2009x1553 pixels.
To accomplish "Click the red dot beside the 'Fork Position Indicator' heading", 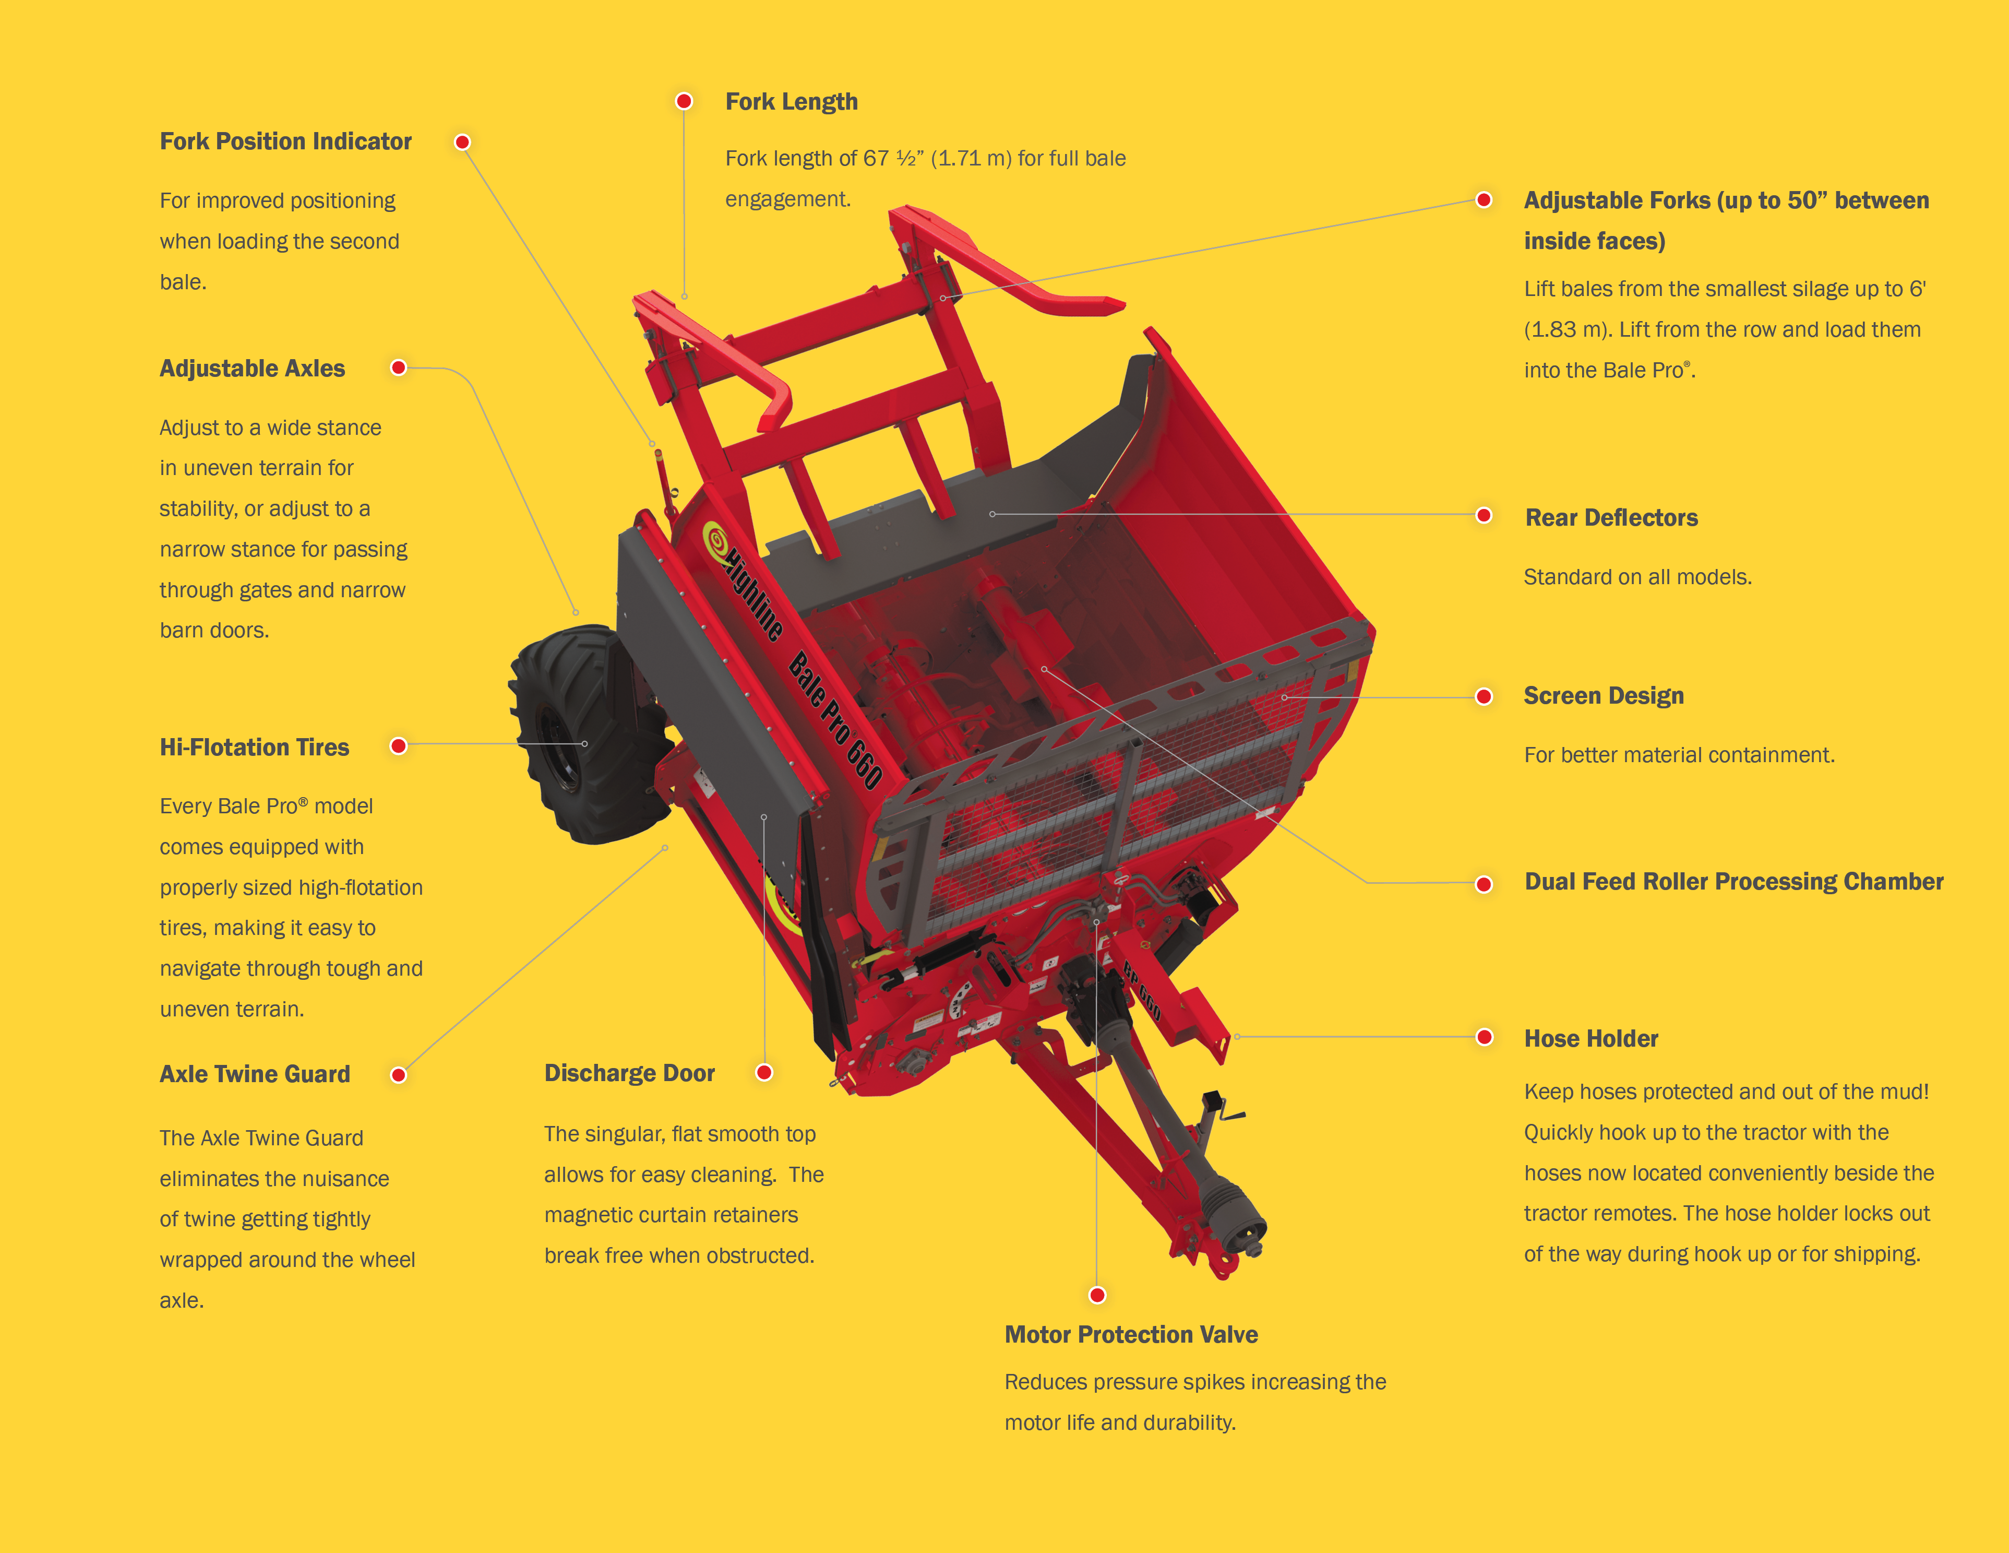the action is click(463, 141).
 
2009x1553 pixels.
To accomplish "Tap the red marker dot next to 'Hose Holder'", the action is click(1484, 1037).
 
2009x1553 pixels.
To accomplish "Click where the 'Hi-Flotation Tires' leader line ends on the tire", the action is click(584, 743).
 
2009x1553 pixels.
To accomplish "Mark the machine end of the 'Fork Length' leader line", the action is click(685, 297).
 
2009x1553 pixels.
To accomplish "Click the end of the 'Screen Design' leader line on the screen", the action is click(1284, 697).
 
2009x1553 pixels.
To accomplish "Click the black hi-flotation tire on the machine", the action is click(580, 733).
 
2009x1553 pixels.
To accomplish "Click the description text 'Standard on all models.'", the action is click(1637, 577).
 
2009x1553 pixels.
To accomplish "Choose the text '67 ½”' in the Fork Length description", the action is click(893, 158).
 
